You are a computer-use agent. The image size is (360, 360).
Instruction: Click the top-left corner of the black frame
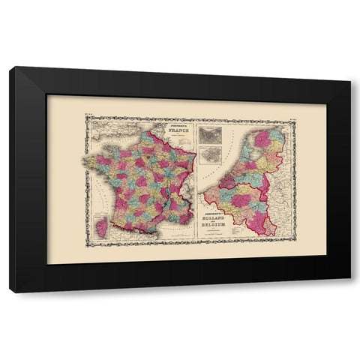point(10,68)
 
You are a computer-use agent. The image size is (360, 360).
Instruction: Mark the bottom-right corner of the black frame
point(350,292)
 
